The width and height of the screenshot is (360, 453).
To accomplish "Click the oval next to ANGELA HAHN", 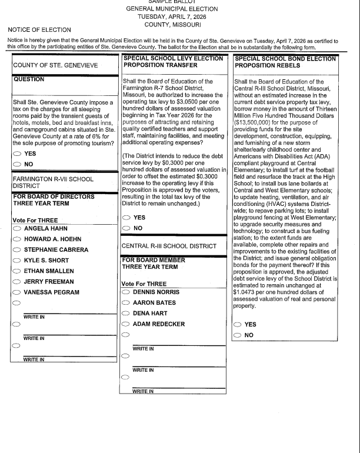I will click(17, 228).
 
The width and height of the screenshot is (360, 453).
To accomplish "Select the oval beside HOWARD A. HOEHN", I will click(17, 239).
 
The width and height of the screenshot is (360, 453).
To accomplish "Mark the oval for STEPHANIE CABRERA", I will click(17, 249).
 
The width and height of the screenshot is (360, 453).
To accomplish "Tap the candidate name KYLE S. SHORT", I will click(45, 260).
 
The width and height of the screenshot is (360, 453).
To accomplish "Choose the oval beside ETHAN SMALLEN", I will click(17, 271).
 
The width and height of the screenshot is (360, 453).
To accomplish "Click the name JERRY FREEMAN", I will click(49, 281).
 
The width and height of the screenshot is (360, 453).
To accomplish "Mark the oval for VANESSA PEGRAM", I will click(17, 292).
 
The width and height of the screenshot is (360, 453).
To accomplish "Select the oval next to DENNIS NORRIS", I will click(125, 292).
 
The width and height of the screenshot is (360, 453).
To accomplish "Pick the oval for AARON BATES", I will click(125, 302).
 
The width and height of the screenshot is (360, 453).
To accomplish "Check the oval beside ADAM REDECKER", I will click(125, 324).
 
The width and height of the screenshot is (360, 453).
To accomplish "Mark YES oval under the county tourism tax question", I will click(17, 154).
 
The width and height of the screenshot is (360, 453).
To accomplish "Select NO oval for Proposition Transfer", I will click(125, 228).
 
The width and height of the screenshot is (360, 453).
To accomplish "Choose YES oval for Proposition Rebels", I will click(237, 324).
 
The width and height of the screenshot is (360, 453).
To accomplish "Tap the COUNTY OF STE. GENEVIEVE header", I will click(55, 66).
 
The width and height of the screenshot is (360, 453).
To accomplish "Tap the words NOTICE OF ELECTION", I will click(39, 29).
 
